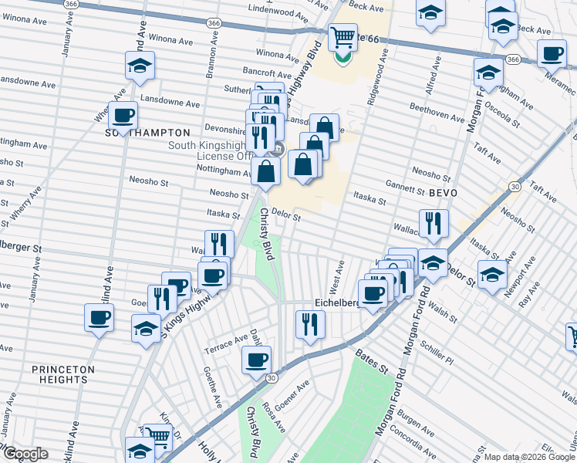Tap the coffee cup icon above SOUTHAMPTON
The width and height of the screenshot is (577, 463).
(x=123, y=116)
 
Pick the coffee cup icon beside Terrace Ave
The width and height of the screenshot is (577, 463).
(x=257, y=359)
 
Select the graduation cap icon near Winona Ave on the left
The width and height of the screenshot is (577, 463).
(x=140, y=66)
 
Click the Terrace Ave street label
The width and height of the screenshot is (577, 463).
(x=224, y=344)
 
